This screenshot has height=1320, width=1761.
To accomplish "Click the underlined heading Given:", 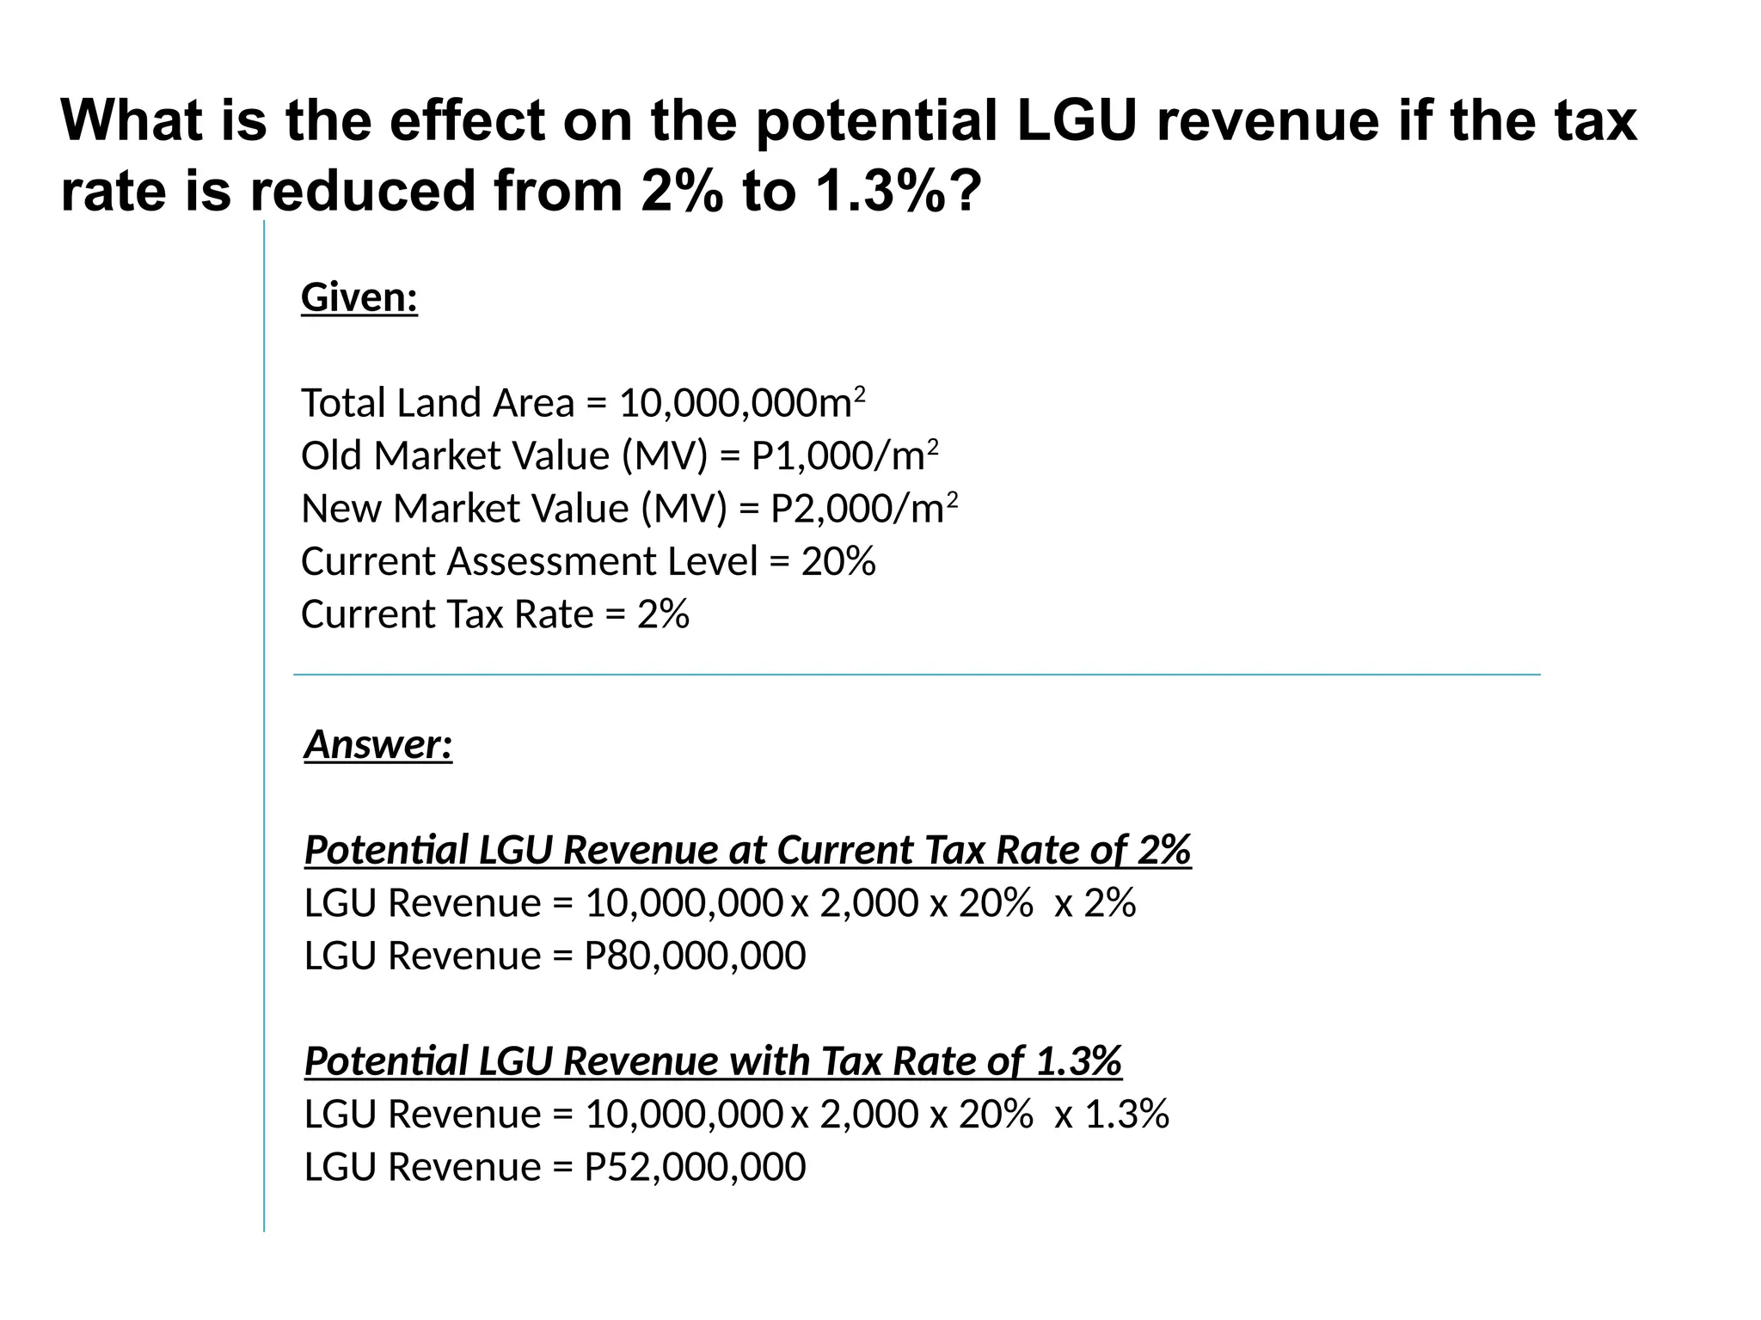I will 359,298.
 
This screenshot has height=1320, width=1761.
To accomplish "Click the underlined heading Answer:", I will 377,744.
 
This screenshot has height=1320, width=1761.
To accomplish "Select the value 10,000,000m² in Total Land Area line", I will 741,403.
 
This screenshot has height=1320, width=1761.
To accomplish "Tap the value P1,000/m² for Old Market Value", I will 844,455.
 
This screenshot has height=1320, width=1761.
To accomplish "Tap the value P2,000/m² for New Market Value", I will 863,509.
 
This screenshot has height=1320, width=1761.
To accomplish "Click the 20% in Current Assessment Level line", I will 838,561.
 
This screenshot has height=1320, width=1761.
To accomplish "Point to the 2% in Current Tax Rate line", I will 663,614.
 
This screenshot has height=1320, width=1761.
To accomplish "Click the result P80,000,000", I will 695,956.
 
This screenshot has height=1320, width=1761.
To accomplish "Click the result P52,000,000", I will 695,1167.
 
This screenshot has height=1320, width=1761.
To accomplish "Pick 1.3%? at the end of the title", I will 898,191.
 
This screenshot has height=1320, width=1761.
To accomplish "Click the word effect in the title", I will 467,120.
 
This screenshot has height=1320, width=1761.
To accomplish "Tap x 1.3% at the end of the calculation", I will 1111,1114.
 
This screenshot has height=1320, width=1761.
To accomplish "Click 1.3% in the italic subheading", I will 1078,1060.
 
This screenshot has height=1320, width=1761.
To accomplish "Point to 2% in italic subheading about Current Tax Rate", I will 1164,850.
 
